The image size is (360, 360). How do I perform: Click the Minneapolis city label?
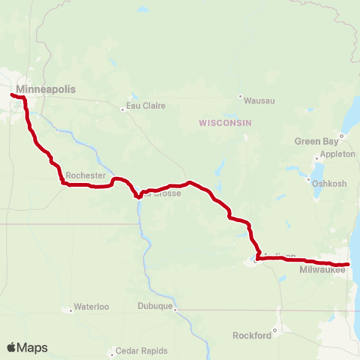coord(46,89)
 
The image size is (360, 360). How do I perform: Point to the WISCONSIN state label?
coord(224,122)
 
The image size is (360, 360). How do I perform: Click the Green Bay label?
coord(313,140)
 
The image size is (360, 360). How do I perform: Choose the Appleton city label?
coord(337,154)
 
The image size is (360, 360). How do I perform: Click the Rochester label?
coord(86,175)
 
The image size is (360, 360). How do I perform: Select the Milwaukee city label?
coord(322,269)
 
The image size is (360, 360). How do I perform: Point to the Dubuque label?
coord(155,306)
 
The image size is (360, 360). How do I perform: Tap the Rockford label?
coord(252,335)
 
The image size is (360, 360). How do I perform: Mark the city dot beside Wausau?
coord(240,97)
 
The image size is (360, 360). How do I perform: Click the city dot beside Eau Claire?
coord(123,109)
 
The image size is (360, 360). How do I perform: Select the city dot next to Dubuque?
coord(175,307)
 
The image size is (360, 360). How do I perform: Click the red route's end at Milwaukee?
coord(348,264)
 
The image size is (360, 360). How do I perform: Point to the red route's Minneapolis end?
coord(12,94)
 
